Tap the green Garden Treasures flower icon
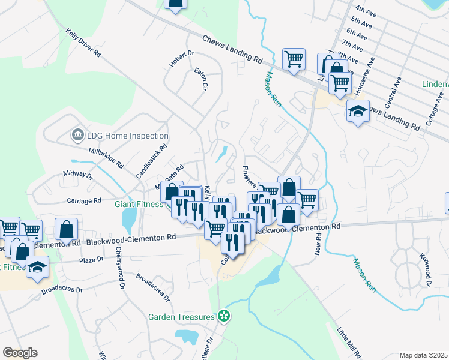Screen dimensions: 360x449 pos(224,315)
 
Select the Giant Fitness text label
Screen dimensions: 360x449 pos(139,204)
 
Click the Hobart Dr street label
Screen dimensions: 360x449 pos(182,59)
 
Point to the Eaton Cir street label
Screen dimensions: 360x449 pos(200,79)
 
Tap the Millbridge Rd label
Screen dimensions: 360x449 pos(106,157)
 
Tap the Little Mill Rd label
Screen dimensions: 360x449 pos(349,343)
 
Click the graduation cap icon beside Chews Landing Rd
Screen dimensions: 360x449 pos(358,112)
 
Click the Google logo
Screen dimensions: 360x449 pos(20,353)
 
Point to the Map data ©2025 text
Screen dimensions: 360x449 pos(423,355)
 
